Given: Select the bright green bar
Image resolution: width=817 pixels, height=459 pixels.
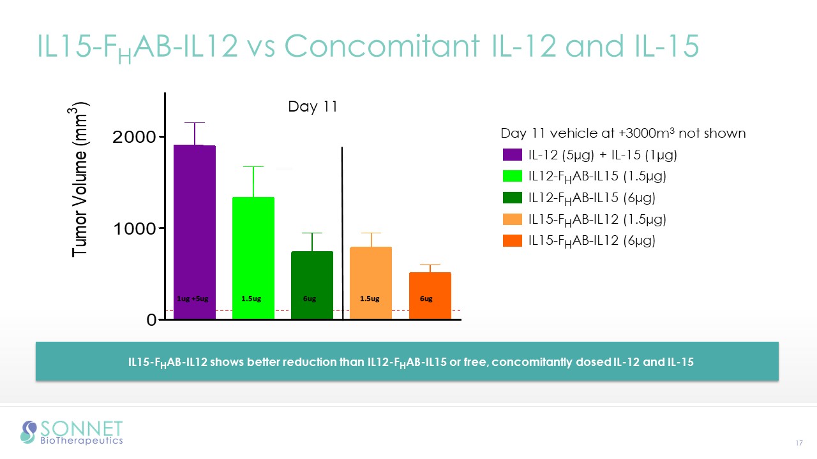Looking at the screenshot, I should coord(253,255).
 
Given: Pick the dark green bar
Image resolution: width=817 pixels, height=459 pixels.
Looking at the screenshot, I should coord(312,280).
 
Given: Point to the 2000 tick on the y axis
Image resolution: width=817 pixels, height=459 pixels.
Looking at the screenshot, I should coord(135,137).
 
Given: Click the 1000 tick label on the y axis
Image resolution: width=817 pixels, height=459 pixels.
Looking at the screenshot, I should coord(135,228).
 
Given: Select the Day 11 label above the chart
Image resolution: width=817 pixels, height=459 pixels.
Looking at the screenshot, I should coord(312,106).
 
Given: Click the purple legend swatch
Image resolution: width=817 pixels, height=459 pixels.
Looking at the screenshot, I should coord(513,155).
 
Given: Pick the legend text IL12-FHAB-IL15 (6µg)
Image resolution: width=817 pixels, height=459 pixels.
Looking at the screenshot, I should coord(592,198).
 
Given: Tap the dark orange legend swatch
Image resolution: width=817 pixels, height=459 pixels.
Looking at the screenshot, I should coord(513,241).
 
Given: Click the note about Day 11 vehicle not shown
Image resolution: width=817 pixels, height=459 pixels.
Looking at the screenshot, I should coord(623,133).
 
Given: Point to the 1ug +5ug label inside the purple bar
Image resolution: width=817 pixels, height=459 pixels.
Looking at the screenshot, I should coord(192,298).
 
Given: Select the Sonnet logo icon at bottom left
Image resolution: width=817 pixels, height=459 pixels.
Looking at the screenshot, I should coord(29,432).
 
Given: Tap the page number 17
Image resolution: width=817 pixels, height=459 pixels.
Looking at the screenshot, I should coord(798,443).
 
